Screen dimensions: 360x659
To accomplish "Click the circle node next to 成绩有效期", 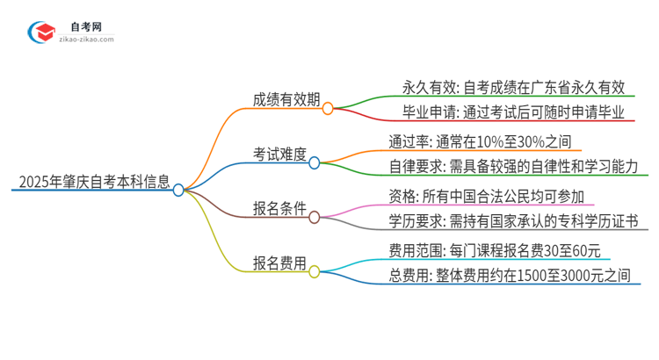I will pos(328,109).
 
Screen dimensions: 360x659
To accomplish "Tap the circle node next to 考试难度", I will pos(314,162).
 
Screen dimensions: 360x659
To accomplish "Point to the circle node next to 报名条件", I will pos(314,215).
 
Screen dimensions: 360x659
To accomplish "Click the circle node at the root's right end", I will pos(178,190).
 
